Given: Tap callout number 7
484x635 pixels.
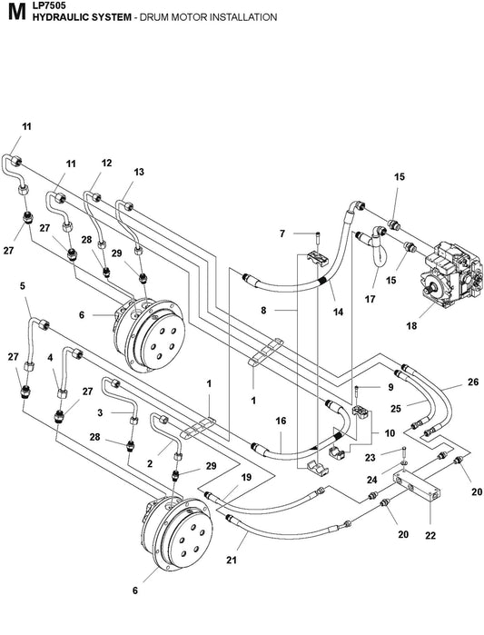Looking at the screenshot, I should (x=282, y=233).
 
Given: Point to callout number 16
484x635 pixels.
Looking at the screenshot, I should (x=281, y=422).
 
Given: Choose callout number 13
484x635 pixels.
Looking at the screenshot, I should (x=139, y=172).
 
